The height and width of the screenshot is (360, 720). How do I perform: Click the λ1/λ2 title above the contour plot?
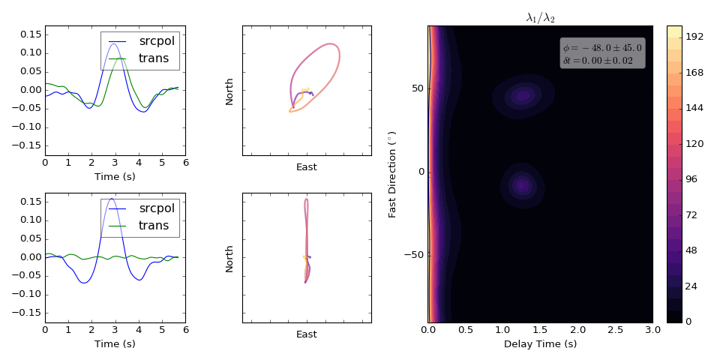click(541, 18)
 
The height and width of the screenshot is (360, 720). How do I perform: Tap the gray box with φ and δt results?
click(602, 54)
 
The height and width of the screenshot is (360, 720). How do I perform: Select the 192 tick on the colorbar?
click(694, 37)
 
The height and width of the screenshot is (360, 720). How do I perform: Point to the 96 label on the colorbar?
click(691, 179)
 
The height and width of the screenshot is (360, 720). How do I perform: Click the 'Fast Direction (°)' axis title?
click(392, 174)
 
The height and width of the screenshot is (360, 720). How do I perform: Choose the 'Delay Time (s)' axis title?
click(541, 344)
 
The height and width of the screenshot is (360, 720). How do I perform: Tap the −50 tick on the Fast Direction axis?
click(413, 255)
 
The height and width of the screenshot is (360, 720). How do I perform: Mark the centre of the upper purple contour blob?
click(523, 96)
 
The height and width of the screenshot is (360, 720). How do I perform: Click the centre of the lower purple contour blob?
click(522, 185)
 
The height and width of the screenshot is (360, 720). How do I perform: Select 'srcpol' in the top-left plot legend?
click(157, 40)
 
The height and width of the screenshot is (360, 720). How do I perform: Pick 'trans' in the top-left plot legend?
click(154, 58)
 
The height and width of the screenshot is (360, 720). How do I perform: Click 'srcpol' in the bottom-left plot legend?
click(157, 208)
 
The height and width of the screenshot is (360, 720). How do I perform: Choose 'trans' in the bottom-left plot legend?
click(154, 225)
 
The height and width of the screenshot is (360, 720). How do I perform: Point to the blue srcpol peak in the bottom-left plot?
click(112, 199)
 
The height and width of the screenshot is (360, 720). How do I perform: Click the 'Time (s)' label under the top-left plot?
click(115, 176)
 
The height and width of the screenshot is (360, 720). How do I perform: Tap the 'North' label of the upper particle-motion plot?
click(229, 91)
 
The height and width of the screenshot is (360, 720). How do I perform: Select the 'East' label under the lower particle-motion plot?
click(306, 334)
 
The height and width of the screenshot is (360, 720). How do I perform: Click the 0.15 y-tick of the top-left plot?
click(31, 35)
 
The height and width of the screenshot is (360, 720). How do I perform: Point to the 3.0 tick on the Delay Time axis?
click(653, 330)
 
